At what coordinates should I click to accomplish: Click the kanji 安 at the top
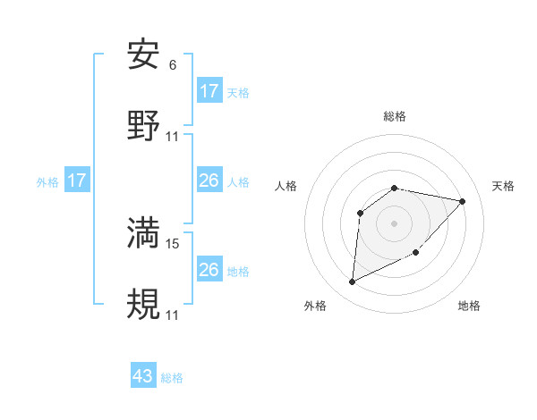(x=144, y=55)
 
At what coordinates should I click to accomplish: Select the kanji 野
(x=144, y=125)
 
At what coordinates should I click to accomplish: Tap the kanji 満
(x=144, y=232)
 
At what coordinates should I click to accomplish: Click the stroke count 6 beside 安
(x=172, y=65)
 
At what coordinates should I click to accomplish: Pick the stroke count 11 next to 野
(x=173, y=136)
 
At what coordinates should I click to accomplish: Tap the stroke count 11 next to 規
(x=173, y=315)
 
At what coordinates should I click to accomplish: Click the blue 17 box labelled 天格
(x=209, y=91)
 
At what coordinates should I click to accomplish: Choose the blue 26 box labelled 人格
(x=209, y=181)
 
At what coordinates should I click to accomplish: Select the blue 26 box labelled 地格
(x=209, y=270)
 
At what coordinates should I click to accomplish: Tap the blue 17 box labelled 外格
(x=77, y=181)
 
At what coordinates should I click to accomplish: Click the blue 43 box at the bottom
(x=143, y=376)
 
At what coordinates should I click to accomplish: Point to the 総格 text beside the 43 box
(x=173, y=378)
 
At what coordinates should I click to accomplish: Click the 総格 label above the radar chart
(x=395, y=116)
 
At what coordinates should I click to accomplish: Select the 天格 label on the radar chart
(x=504, y=186)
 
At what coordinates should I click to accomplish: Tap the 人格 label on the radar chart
(x=286, y=186)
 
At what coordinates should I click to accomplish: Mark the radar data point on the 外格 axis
(x=352, y=282)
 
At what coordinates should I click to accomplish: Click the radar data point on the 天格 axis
(x=463, y=201)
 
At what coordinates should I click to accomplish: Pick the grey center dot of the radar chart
(x=395, y=223)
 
